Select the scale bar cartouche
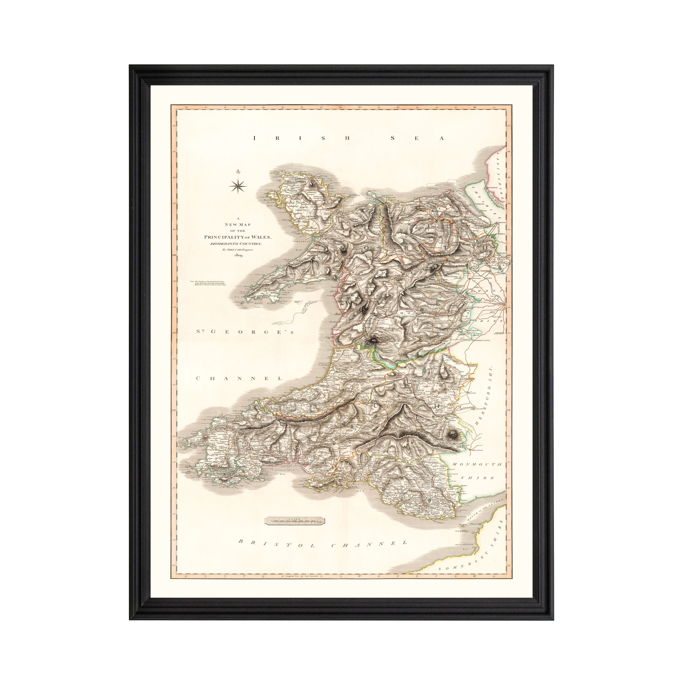click(x=294, y=519)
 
